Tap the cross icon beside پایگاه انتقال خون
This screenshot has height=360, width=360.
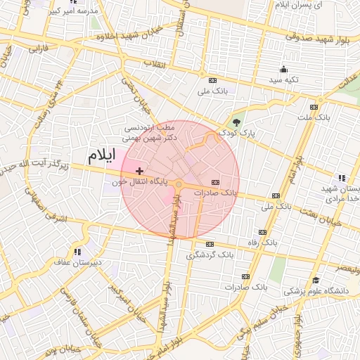[x=140, y=171]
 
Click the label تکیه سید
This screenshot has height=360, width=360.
[x=283, y=80]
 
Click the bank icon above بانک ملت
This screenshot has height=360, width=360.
[x=314, y=107]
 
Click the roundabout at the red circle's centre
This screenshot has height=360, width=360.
[x=180, y=184]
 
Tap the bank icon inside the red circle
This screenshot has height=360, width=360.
[x=214, y=182]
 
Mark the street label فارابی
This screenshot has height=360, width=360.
[x=38, y=50]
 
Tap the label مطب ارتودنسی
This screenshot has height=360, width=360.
[x=149, y=129]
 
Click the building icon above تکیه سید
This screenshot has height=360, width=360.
[x=283, y=69]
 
